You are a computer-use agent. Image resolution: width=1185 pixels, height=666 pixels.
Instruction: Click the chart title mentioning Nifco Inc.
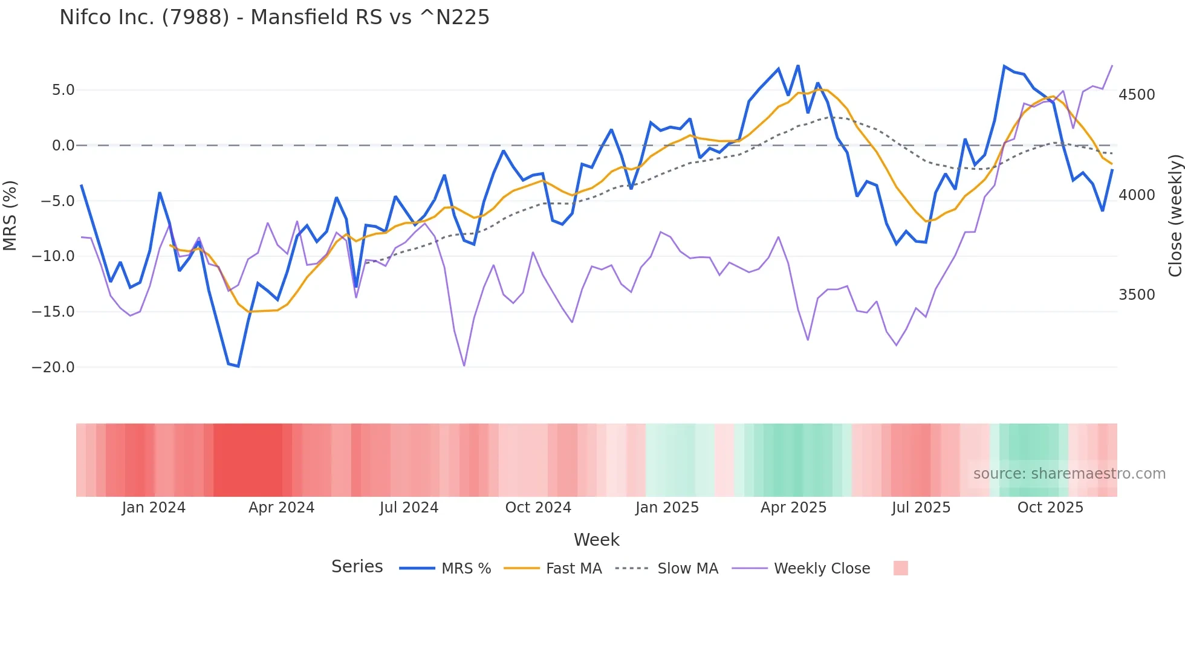274,18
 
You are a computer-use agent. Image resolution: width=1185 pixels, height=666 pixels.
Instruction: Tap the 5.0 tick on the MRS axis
63,90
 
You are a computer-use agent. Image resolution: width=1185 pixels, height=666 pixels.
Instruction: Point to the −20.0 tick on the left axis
53,367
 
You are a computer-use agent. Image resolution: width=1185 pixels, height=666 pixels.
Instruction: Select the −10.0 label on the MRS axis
53,256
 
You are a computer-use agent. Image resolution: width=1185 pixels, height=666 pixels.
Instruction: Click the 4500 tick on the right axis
1137,95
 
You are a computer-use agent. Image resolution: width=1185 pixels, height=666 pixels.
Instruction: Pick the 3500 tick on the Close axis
1137,295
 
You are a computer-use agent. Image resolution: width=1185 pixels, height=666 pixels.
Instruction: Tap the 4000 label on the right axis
1137,195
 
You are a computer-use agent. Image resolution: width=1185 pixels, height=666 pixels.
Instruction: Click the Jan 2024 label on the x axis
154,508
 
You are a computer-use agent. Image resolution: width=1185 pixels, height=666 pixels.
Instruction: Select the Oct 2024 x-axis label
538,508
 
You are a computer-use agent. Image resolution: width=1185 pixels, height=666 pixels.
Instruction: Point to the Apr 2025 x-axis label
793,508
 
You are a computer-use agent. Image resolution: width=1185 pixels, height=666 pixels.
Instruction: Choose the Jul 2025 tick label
921,508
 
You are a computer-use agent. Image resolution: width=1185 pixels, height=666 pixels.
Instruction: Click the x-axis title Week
596,540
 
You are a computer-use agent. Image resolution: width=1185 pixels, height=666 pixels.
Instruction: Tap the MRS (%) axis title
10,216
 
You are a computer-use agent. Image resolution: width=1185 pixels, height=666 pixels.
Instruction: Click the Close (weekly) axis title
1175,216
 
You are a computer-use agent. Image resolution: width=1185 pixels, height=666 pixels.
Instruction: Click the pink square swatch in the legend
900,568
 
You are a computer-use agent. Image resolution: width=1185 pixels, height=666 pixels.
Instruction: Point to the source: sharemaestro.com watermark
1069,474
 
